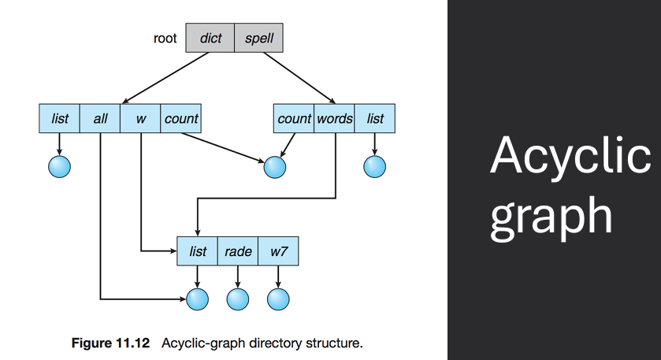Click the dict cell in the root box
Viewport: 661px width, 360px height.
tap(210, 37)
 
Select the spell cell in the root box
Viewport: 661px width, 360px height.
tap(258, 37)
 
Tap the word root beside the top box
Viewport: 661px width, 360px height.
tap(165, 37)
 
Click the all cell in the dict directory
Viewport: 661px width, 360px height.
tap(100, 119)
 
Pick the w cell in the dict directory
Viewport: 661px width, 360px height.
tap(140, 119)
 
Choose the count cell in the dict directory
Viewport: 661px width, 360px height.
tap(180, 119)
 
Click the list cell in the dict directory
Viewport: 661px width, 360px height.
tap(60, 119)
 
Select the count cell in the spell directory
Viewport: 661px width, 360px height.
tap(294, 119)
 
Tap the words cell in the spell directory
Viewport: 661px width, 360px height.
tap(334, 119)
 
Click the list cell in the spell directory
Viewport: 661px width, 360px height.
tap(375, 119)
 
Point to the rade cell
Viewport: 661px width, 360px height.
tap(238, 251)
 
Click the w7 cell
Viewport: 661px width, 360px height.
tap(278, 251)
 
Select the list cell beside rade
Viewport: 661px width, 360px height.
tap(198, 251)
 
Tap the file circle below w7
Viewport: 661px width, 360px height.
tap(278, 299)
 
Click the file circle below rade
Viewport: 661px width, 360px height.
tap(238, 299)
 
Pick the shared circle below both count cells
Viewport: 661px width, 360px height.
tap(273, 166)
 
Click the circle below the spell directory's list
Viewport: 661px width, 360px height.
tap(375, 166)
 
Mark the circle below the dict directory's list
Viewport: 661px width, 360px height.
tap(60, 166)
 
